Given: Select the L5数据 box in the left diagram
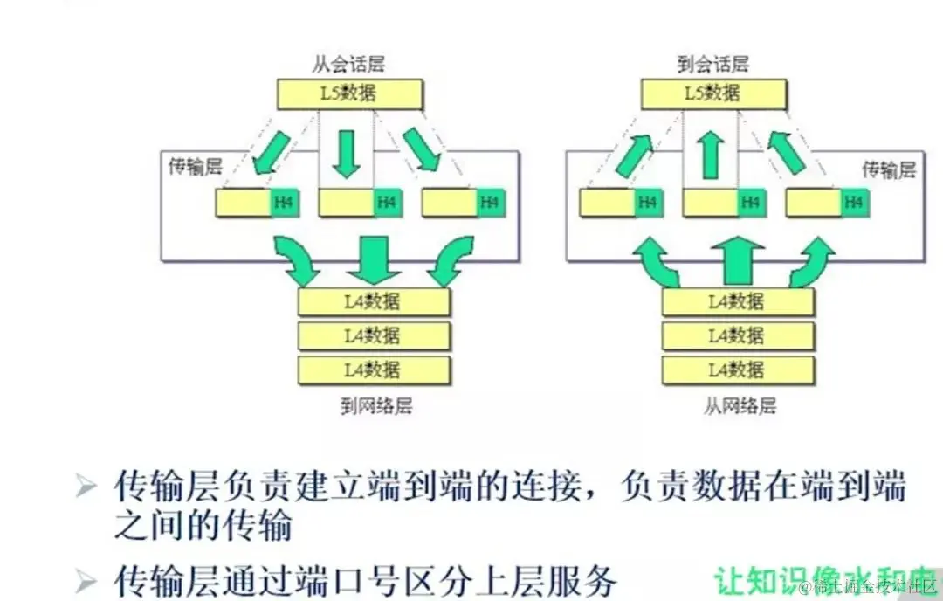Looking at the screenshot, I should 350,93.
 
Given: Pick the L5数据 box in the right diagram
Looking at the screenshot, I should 713,93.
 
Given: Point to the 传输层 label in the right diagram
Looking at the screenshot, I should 889,169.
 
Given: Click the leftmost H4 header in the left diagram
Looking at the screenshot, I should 283,203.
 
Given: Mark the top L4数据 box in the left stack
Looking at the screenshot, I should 374,301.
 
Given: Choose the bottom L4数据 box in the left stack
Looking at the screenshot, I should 374,369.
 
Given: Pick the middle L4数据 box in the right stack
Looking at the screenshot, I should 737,335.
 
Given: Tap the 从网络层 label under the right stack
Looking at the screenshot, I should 739,405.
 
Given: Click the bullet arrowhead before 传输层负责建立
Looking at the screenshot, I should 86,487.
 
